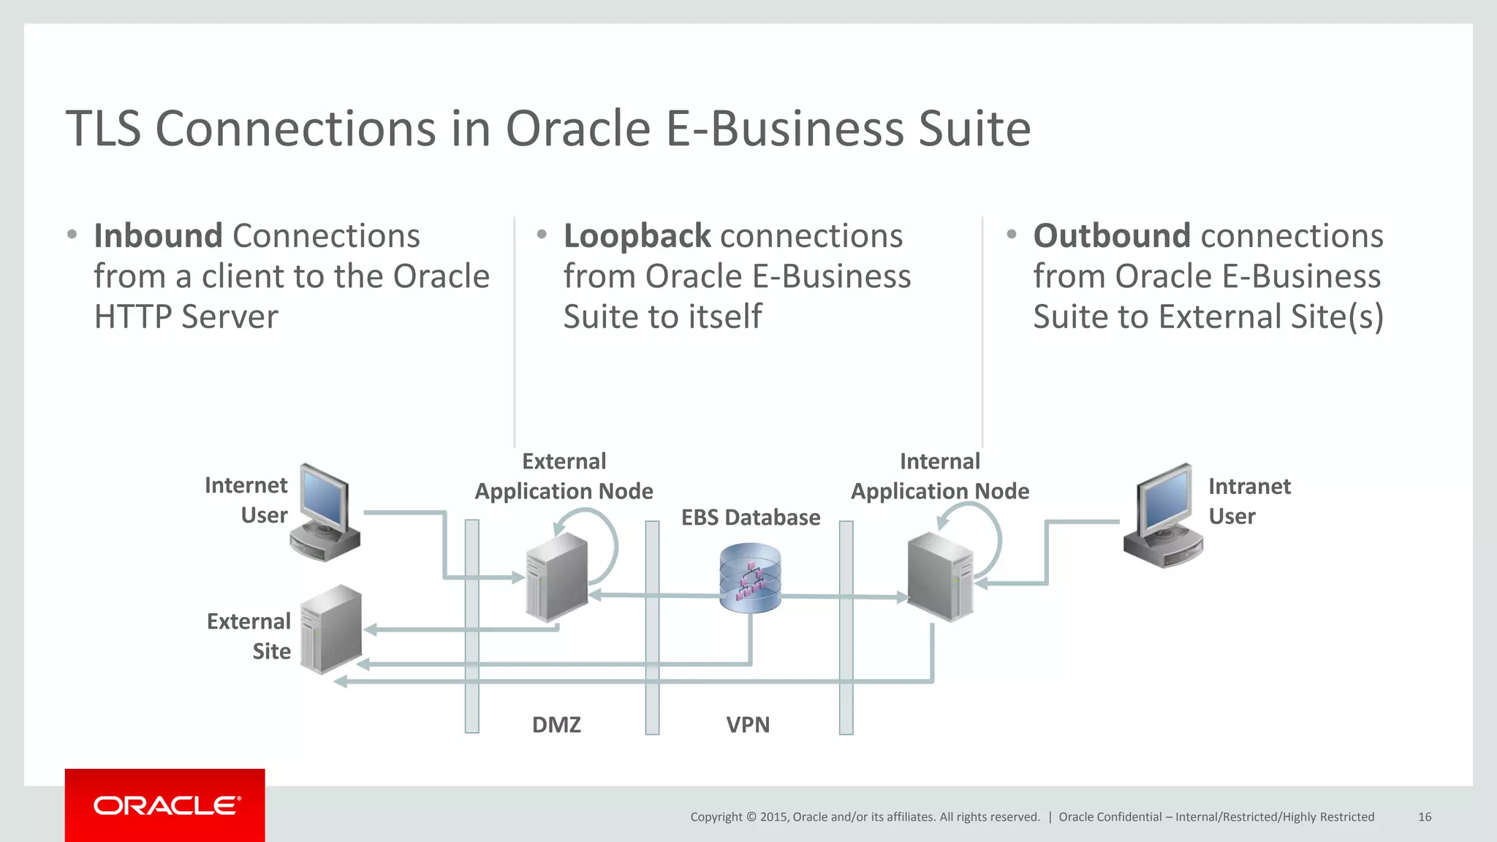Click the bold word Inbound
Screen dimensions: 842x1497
158,236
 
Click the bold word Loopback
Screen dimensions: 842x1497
637,236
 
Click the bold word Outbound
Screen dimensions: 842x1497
1112,236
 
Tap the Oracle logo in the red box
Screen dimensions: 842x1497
166,805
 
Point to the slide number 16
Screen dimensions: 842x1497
1424,817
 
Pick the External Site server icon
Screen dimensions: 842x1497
331,629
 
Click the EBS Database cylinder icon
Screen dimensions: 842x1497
750,577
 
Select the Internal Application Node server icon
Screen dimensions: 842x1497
940,577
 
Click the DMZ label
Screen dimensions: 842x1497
556,724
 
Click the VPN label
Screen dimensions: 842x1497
748,724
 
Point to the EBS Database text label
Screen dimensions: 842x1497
750,517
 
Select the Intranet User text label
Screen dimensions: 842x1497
1248,501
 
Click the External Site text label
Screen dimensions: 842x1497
249,636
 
